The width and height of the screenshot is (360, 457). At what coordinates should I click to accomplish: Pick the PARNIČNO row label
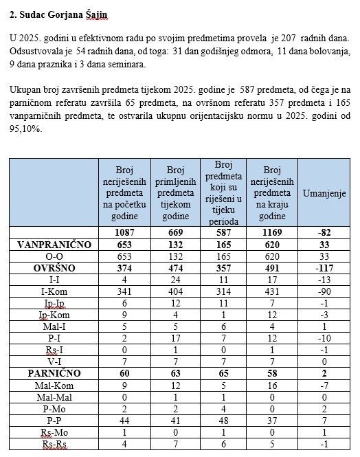coord(54,373)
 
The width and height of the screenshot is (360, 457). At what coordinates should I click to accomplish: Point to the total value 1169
coord(271,232)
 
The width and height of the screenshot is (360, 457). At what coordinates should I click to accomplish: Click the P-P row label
coord(54,420)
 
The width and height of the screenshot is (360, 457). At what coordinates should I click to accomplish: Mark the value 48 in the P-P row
coord(223,420)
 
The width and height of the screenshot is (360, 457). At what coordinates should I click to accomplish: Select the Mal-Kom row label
coord(54,385)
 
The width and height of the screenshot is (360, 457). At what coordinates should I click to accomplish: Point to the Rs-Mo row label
coord(54,432)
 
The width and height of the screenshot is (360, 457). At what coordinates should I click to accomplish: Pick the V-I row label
coord(54,361)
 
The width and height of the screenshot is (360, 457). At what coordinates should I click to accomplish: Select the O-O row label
coord(54,256)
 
